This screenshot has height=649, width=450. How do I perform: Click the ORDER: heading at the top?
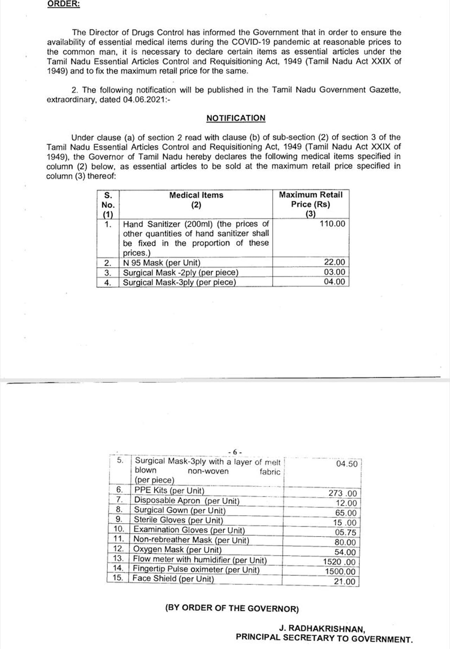64,4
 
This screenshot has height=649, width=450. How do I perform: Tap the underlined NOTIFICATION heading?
236,118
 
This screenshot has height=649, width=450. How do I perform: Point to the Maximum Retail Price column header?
310,200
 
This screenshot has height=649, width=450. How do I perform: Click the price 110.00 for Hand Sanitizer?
332,224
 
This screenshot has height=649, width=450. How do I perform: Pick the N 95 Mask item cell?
161,263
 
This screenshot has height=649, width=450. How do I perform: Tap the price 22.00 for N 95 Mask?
334,262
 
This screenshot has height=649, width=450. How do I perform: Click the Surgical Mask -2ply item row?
180,272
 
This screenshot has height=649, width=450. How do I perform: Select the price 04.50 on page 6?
347,464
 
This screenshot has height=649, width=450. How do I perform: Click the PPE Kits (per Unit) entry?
169,490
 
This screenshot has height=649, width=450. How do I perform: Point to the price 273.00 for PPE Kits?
342,493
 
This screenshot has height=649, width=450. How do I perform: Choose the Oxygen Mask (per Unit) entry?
177,550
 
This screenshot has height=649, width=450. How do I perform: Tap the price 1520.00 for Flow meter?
339,562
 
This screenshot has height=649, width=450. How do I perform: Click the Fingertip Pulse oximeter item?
196,569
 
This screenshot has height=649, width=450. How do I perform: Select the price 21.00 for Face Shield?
345,581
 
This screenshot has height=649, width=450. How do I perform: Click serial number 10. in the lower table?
119,529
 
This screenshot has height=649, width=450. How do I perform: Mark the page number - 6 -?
234,452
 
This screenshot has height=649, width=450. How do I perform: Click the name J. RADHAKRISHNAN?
322,628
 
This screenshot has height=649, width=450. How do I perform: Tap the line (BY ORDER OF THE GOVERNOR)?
232,608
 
